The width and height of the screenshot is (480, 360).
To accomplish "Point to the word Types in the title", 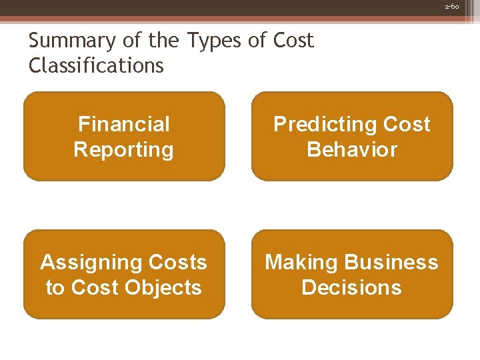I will [x=213, y=41].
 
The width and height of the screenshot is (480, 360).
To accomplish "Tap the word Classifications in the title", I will [x=96, y=65].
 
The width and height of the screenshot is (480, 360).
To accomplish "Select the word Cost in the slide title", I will [x=293, y=41].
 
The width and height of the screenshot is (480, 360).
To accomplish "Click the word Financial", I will [x=124, y=124].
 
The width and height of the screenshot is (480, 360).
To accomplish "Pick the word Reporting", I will [x=124, y=149].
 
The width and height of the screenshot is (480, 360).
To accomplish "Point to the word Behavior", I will [x=351, y=149].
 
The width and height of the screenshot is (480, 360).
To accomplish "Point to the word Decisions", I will [x=351, y=287].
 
